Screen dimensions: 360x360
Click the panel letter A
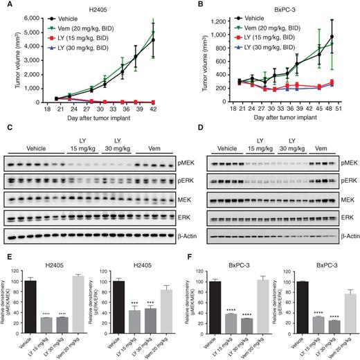5,6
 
